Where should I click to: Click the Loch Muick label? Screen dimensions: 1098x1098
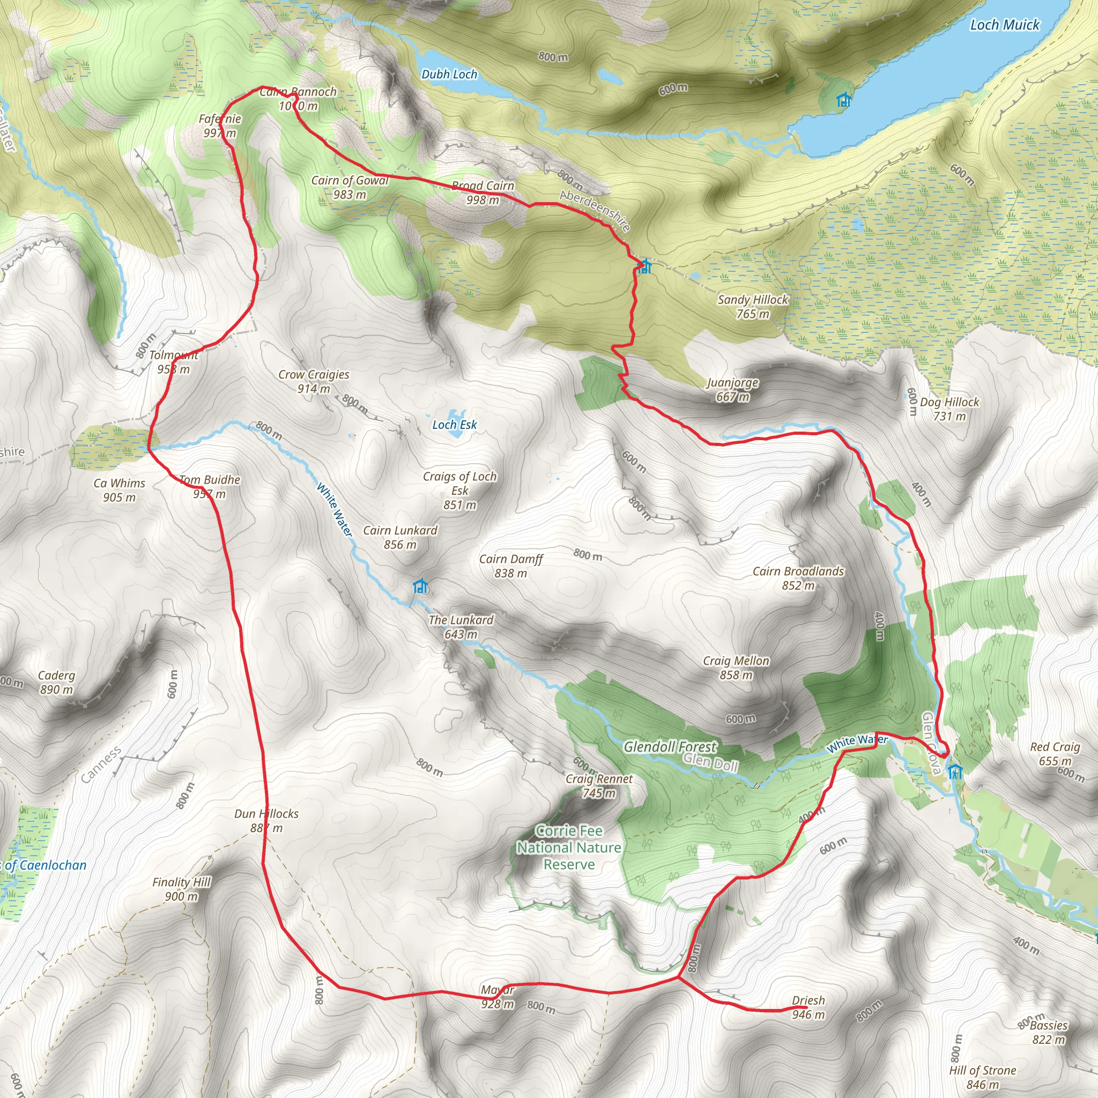tap(1004, 25)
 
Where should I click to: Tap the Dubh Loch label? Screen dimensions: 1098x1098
tap(449, 75)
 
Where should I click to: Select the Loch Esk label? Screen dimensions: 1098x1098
tap(454, 425)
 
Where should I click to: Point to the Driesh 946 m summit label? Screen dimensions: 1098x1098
tap(807, 1007)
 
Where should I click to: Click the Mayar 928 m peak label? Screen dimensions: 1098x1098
tap(498, 997)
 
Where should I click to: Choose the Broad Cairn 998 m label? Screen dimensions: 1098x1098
tap(483, 192)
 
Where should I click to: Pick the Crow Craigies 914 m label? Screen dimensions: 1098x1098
tap(314, 381)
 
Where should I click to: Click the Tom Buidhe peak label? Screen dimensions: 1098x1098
tap(209, 486)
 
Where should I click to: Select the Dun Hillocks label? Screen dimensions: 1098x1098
tap(266, 821)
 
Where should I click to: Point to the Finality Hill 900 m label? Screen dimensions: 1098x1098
tap(181, 889)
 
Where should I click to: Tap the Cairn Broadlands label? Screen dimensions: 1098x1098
tap(798, 578)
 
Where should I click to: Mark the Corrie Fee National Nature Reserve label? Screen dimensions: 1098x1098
tap(569, 848)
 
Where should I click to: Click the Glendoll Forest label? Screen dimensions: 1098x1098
tap(670, 747)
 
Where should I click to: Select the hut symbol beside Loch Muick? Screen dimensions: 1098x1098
tap(843, 101)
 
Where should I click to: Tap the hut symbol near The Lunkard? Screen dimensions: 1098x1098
tap(419, 586)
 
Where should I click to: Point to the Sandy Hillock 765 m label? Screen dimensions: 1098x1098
tap(752, 306)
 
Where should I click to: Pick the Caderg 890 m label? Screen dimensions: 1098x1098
tap(56, 682)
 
